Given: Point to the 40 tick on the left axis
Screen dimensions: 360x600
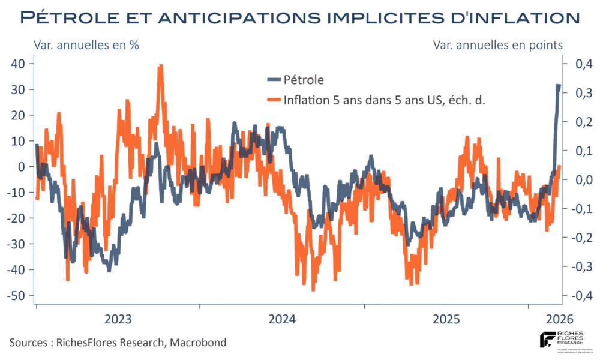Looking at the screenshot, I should click(25, 64).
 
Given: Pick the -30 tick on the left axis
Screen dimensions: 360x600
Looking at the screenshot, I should click(23, 244).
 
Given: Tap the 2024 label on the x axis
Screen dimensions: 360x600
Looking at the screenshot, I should click(281, 319).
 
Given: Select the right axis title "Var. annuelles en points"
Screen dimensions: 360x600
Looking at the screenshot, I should click(497, 46).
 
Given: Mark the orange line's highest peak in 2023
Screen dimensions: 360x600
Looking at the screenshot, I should click(161, 66).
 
